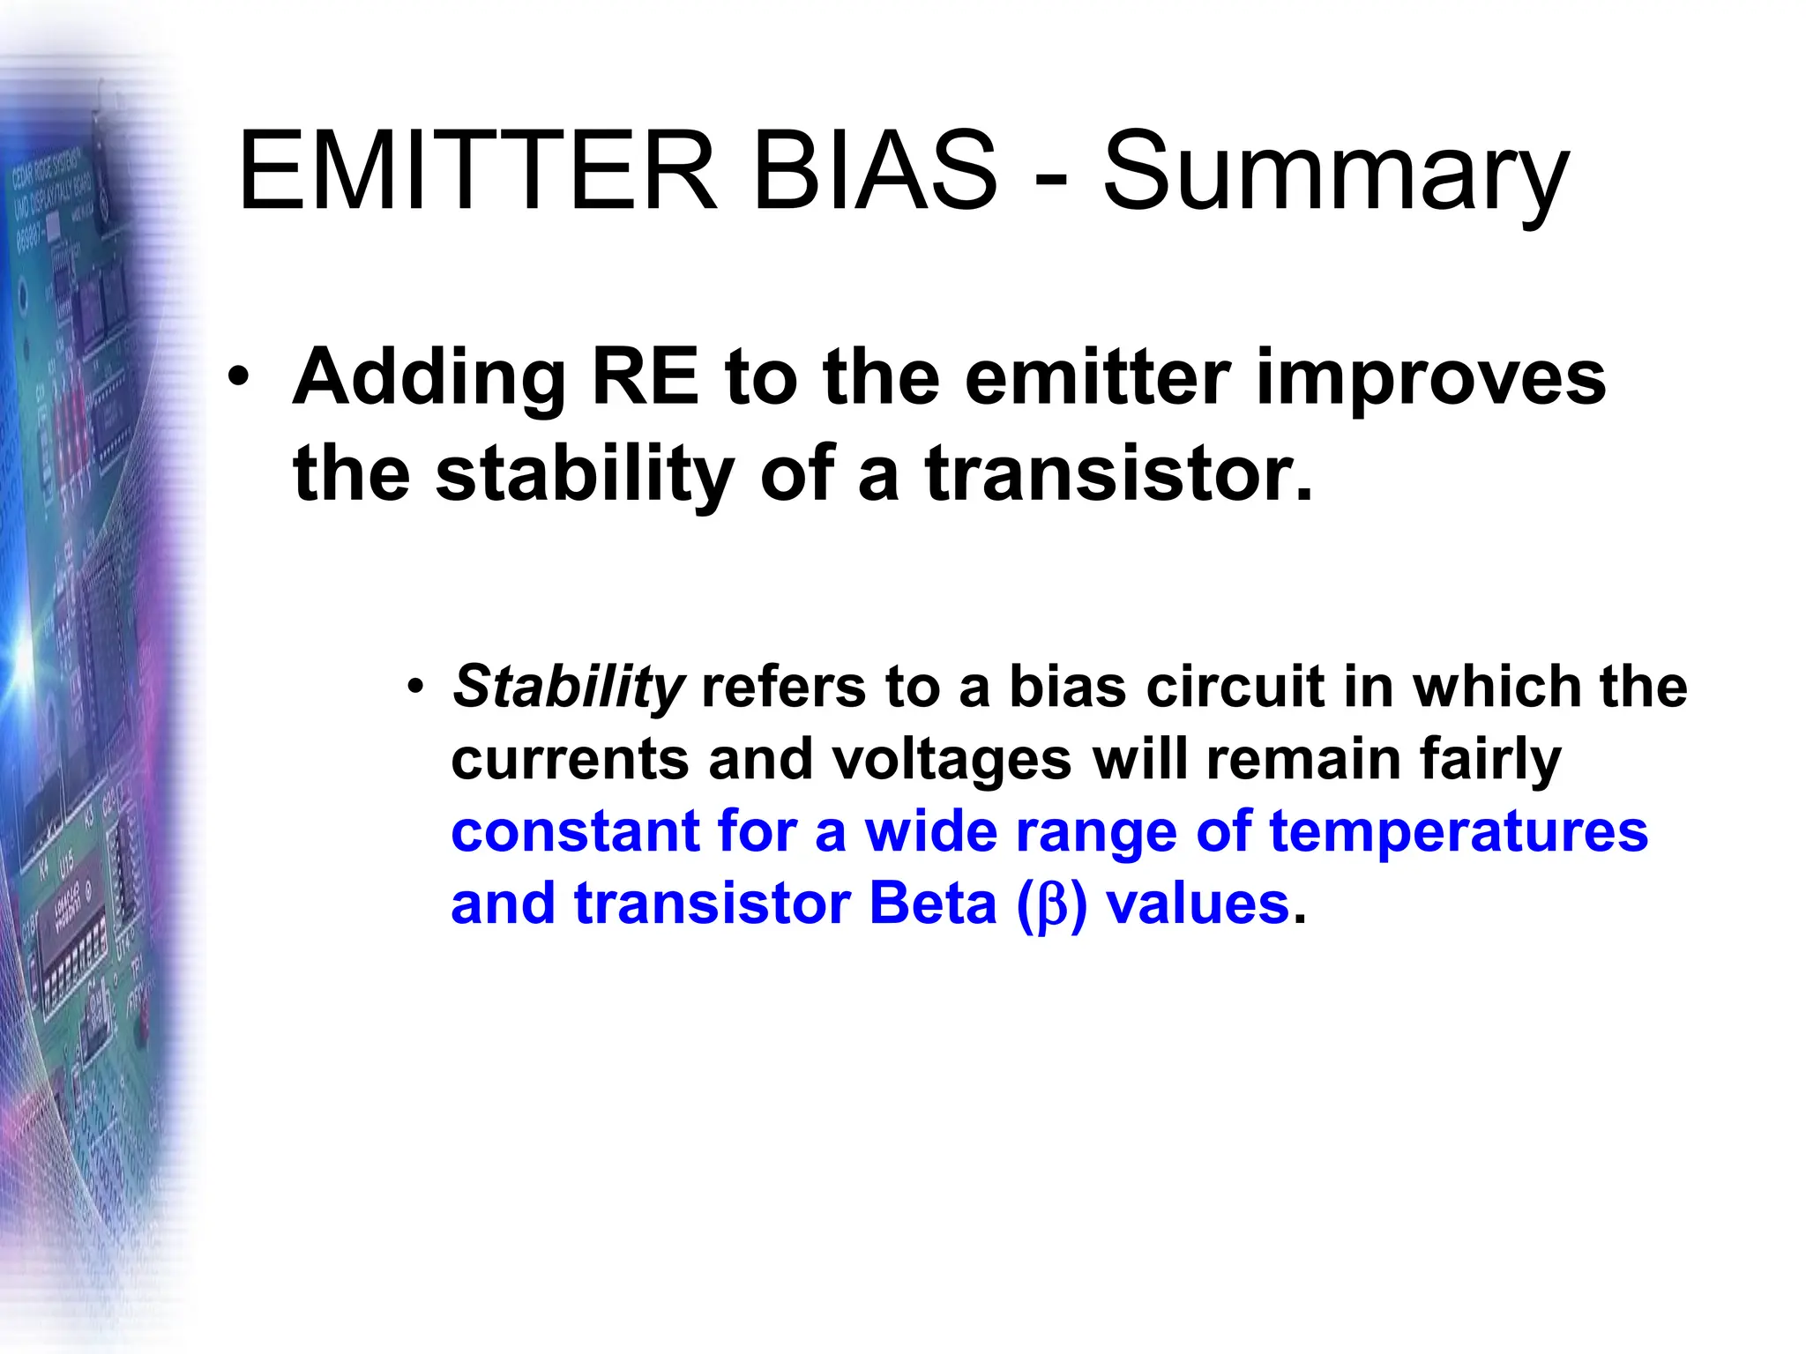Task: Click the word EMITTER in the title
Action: pos(477,172)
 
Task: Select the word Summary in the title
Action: pos(1335,176)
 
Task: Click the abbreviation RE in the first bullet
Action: pos(645,377)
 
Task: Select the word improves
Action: pos(1429,381)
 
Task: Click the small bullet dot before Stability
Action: pos(416,686)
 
